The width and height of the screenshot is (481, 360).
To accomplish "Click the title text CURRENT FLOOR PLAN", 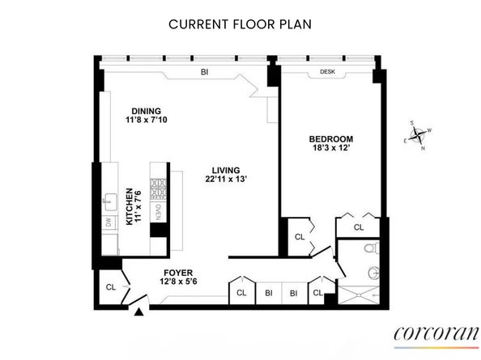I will [x=240, y=23].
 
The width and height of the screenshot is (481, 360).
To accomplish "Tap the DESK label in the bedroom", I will [x=327, y=71].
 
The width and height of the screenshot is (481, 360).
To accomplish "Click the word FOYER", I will [x=177, y=272].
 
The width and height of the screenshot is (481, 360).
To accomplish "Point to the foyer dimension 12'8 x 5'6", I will [x=177, y=282].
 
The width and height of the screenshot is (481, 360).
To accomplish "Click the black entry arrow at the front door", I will [x=140, y=311].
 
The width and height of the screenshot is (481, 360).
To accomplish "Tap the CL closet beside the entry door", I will [x=110, y=286].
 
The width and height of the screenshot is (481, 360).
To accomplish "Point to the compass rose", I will [x=419, y=137].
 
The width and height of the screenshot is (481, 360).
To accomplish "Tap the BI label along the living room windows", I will [x=205, y=71].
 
